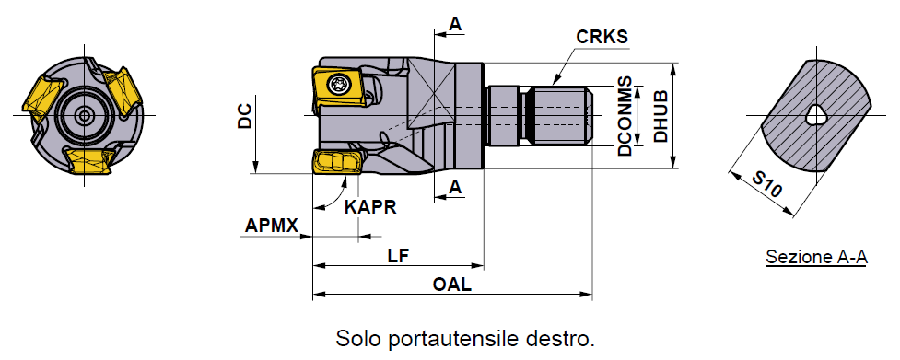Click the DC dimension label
pos(245,116)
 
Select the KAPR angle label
pos(370,207)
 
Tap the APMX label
pos(272,226)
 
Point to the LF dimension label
pos(398,255)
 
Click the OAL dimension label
pos(452,285)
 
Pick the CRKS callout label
pos(602,37)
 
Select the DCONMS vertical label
pos(625,116)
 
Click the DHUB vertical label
pos(661,116)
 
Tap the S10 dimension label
pos(766,184)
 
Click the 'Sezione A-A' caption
pos(816,258)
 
